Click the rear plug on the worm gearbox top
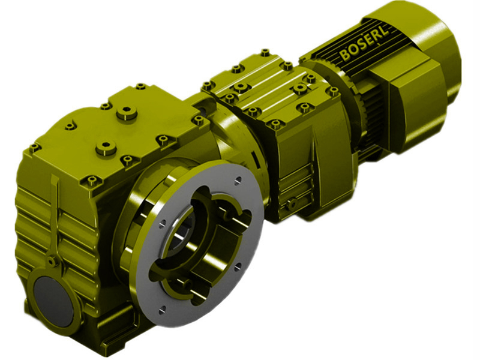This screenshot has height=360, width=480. [127, 112]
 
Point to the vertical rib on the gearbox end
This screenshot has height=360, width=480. [56, 216]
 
